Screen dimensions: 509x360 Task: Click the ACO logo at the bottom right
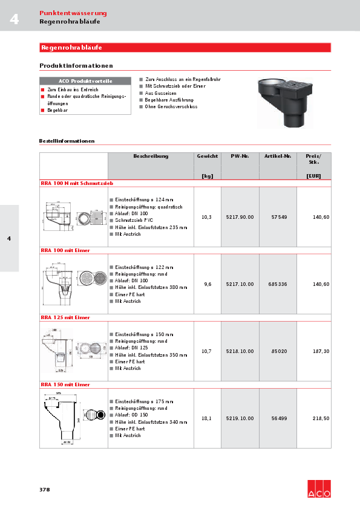click(319, 489)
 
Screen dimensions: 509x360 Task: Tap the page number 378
click(44, 489)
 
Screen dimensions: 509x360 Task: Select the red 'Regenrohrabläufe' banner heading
click(71, 47)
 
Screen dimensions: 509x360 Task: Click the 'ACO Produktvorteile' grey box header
click(85, 81)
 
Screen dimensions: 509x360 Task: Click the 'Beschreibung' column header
click(151, 156)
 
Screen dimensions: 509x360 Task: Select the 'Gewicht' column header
click(208, 156)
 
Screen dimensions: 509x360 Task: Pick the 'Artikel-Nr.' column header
click(278, 156)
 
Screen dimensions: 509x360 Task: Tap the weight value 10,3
click(206, 217)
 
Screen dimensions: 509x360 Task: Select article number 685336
click(278, 284)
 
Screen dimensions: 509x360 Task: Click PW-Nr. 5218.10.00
click(240, 351)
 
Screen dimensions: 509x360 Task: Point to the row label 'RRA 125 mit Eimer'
click(65, 317)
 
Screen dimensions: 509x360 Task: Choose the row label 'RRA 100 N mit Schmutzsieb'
click(77, 183)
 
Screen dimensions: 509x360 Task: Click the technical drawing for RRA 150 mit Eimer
click(73, 418)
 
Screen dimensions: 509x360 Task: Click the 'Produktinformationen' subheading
click(76, 65)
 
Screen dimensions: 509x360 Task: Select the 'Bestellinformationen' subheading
click(67, 141)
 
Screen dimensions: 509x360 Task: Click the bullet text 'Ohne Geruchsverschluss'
click(172, 106)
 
